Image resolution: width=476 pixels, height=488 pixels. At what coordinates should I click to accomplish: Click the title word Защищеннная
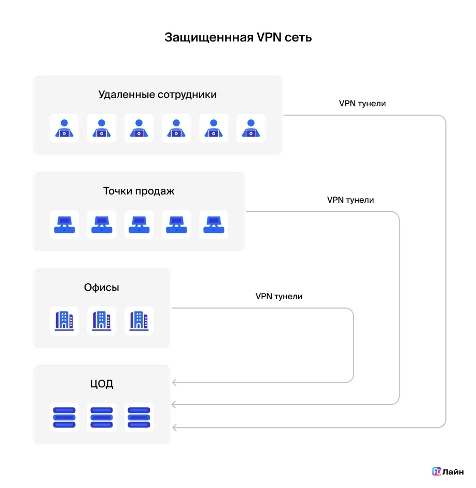(209, 38)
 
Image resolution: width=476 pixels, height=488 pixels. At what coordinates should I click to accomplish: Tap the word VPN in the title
(269, 37)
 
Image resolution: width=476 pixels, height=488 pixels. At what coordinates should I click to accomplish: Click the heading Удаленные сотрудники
(158, 94)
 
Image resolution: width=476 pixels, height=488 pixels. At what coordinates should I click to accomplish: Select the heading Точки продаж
(139, 191)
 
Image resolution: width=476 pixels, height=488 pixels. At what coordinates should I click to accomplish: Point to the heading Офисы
(102, 287)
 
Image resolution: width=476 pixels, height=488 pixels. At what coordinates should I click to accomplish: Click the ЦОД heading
(102, 384)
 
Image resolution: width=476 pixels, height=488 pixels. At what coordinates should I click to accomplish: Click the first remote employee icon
(64, 128)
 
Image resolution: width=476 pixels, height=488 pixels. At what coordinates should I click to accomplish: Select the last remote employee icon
(251, 128)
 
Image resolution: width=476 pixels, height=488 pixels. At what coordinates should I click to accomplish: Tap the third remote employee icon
(139, 128)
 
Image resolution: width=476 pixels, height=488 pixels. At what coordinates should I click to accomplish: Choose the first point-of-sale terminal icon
(64, 225)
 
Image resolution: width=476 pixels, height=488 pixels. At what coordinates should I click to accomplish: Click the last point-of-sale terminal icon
(214, 225)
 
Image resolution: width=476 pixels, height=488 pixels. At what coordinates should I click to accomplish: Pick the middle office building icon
(102, 321)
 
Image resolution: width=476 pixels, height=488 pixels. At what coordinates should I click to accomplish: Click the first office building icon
(64, 321)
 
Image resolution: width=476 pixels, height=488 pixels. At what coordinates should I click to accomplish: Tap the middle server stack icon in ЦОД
(102, 417)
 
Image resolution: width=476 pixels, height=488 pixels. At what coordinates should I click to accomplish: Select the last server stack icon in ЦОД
(139, 417)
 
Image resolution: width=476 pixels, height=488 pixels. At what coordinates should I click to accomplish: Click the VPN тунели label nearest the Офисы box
(279, 296)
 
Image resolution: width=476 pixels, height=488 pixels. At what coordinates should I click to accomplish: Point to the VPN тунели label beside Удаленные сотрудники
(362, 104)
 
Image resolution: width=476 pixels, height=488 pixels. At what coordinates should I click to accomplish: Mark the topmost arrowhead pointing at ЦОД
(175, 383)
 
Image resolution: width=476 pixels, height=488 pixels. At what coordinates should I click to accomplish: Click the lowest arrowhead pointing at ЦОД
(175, 428)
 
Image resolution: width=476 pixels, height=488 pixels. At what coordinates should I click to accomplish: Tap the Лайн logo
(448, 472)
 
